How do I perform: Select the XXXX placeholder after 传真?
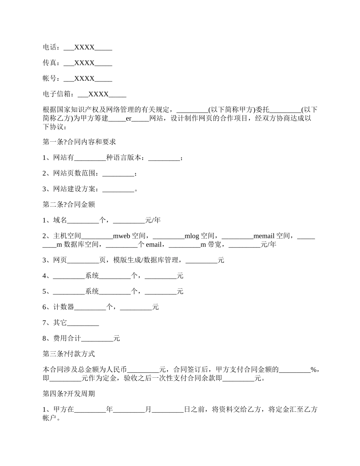click(x=85, y=63)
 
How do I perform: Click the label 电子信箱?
click(x=56, y=94)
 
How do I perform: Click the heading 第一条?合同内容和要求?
click(x=79, y=142)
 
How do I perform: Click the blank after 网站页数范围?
click(x=118, y=174)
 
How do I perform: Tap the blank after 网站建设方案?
click(x=118, y=189)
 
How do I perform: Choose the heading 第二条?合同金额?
click(x=69, y=205)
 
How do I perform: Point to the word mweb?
click(x=121, y=236)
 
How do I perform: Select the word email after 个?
click(x=153, y=244)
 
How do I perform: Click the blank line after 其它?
click(x=83, y=323)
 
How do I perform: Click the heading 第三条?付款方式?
click(x=69, y=354)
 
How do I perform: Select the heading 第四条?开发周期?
click(x=69, y=394)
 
